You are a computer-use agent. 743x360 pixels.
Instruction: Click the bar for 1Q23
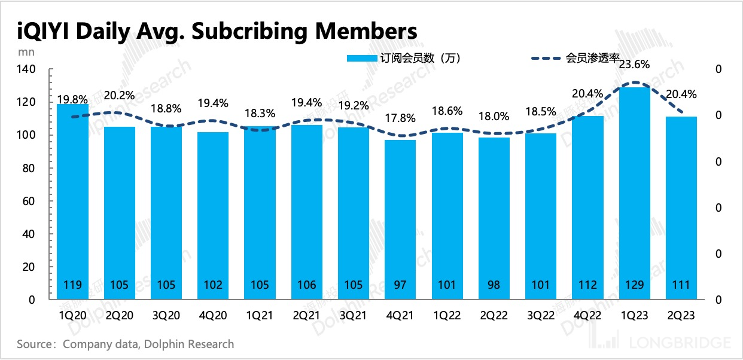(x=634, y=191)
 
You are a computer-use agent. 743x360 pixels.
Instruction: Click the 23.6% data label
(x=634, y=65)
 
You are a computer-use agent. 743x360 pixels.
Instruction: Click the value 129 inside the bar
(x=634, y=285)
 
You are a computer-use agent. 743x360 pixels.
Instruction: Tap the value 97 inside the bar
(x=400, y=285)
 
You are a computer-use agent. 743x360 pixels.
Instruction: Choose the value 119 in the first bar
(x=73, y=285)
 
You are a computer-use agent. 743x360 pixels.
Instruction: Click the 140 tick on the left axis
(x=29, y=69)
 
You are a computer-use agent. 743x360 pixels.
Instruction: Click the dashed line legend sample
(x=547, y=58)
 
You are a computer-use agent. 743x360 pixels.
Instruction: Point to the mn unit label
(x=26, y=51)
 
